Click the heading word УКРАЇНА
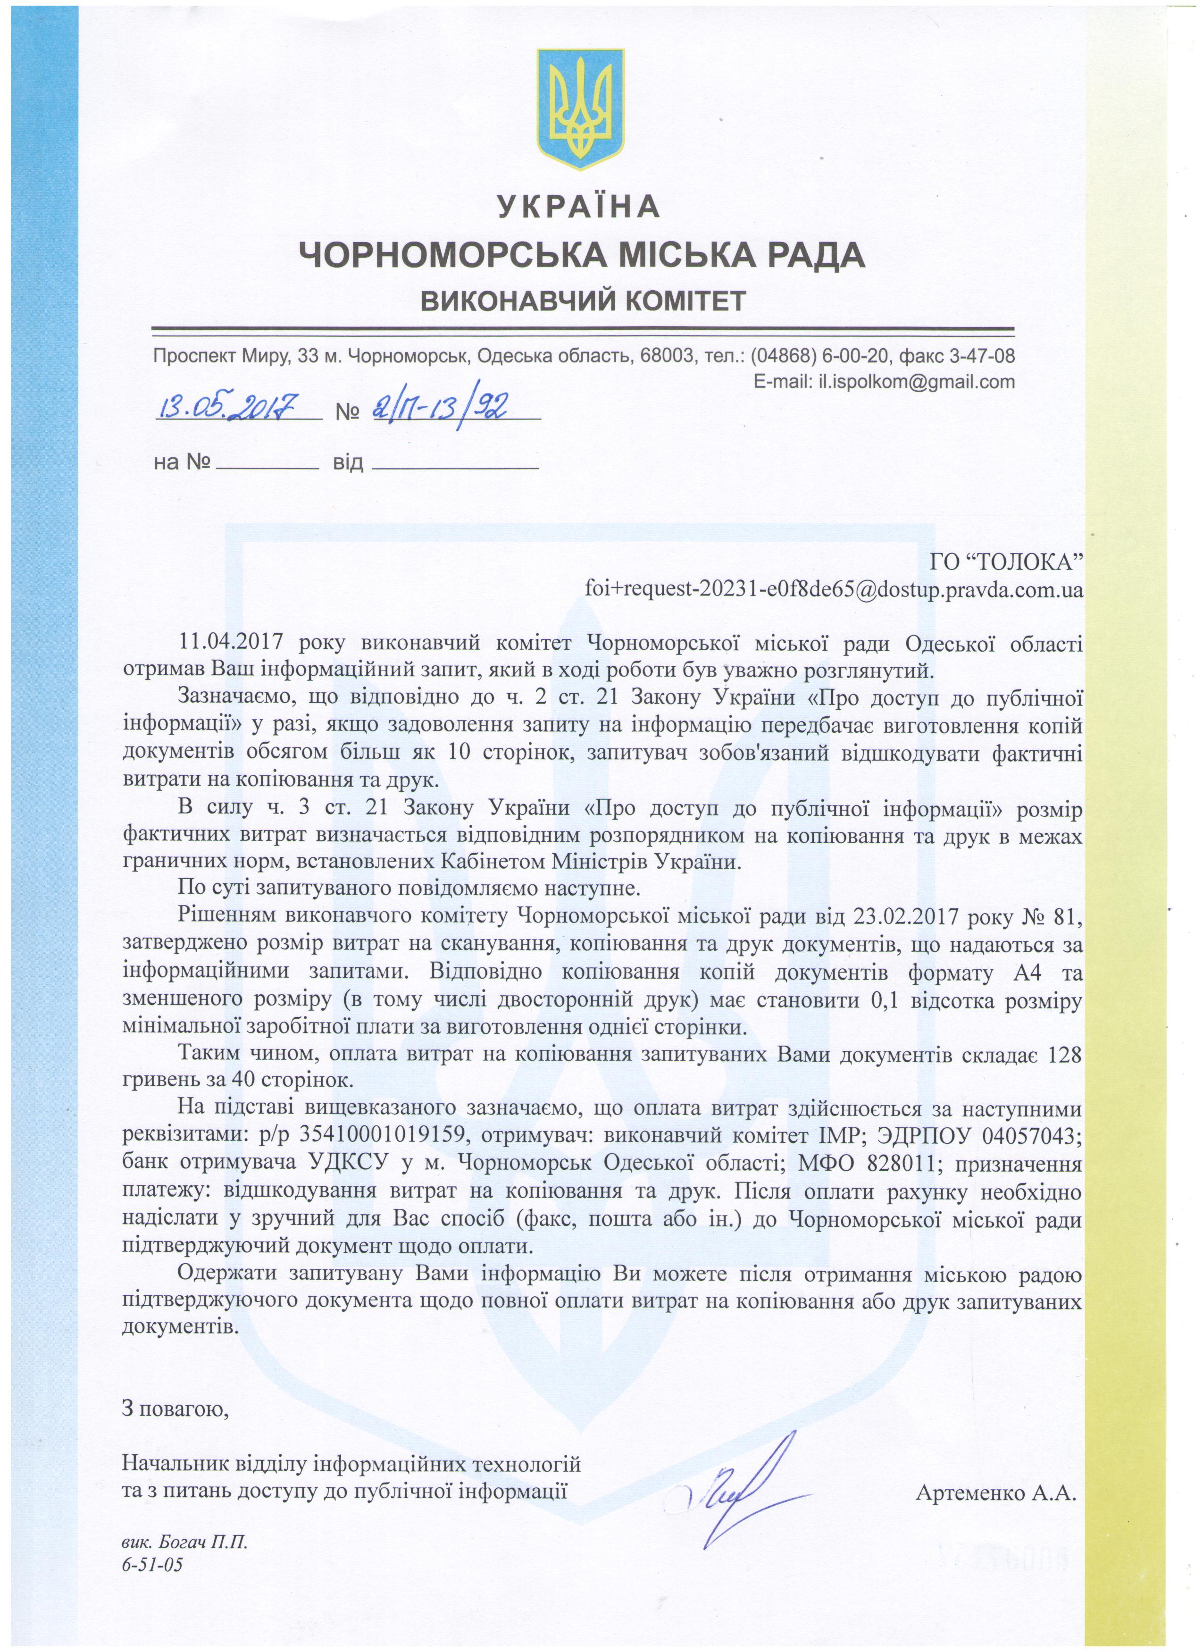coord(580,207)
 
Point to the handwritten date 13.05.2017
coord(226,405)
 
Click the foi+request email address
coord(834,588)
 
